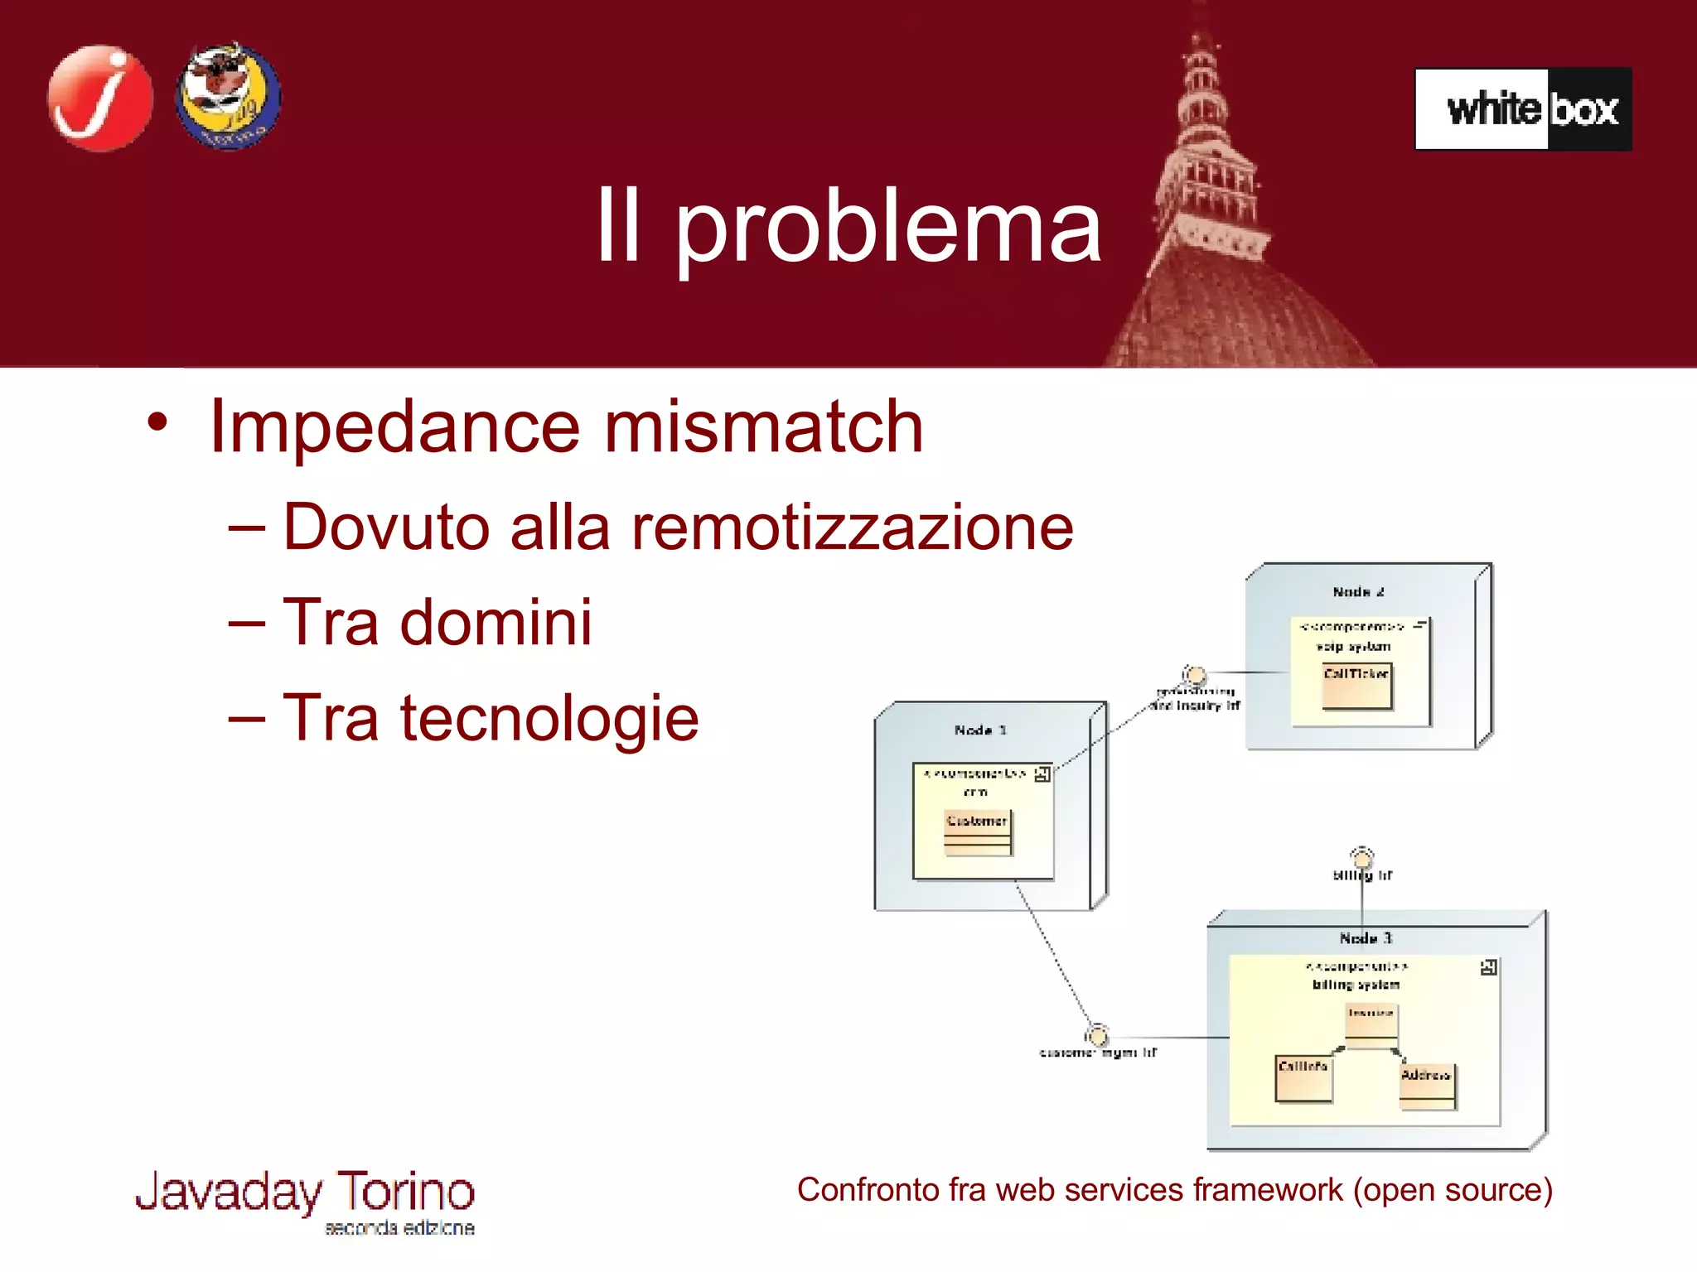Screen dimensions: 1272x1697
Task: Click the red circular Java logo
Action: click(x=100, y=99)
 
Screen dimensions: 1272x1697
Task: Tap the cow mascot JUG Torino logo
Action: click(x=228, y=96)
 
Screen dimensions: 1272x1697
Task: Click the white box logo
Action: click(x=1523, y=109)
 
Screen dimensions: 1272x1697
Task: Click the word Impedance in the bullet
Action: click(x=394, y=427)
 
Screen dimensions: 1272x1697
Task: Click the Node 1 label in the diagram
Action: click(x=980, y=730)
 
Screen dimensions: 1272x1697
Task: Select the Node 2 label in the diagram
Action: click(x=1358, y=592)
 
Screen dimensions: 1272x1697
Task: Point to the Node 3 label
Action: click(x=1366, y=938)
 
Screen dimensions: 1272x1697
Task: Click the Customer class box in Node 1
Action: click(x=978, y=832)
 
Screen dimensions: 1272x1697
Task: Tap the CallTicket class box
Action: click(x=1356, y=686)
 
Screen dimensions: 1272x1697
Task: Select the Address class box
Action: click(x=1426, y=1086)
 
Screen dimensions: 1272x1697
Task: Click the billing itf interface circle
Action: click(x=1361, y=857)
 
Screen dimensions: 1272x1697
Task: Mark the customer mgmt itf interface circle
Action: click(x=1097, y=1035)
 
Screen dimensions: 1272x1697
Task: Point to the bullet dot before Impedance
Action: click(x=157, y=423)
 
